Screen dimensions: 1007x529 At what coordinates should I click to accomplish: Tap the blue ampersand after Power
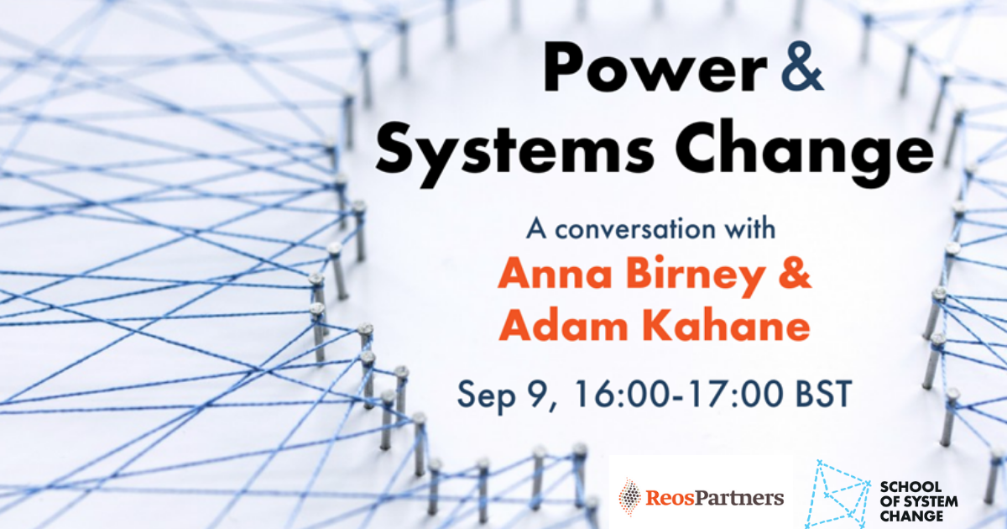coord(802,67)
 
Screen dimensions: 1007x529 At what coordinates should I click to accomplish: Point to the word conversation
coord(634,229)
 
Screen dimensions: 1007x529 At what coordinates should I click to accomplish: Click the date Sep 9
coord(507,395)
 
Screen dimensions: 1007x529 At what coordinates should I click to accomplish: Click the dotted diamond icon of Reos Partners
coord(630,496)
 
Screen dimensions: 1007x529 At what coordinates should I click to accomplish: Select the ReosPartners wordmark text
coord(715,497)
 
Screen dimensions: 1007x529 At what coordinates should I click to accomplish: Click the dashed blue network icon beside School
coord(837,494)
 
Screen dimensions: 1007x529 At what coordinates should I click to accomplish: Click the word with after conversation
coord(748,228)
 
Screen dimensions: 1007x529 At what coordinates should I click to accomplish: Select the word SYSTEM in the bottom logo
coord(930,501)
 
